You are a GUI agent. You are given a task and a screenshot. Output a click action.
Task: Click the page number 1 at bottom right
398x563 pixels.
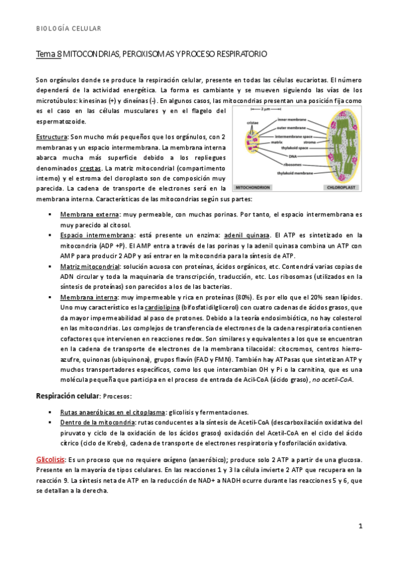click(x=359, y=526)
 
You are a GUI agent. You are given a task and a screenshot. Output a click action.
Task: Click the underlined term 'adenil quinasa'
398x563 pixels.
click(x=248, y=235)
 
